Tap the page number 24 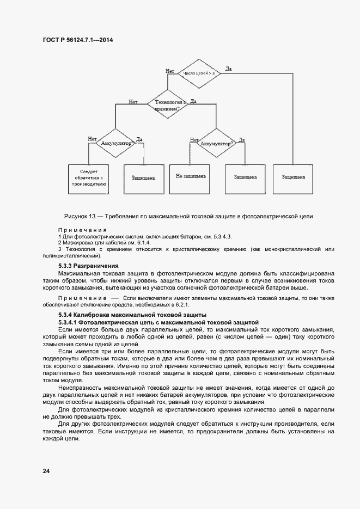(46, 470)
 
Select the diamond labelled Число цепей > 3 (199, 72)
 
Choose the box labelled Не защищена (190, 176)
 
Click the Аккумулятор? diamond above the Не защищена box (217, 143)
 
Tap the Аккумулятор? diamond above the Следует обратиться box (115, 143)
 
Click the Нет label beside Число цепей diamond (170, 71)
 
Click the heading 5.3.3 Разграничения (88, 265)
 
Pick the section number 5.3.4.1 (69, 322)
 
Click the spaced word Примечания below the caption (82, 230)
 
